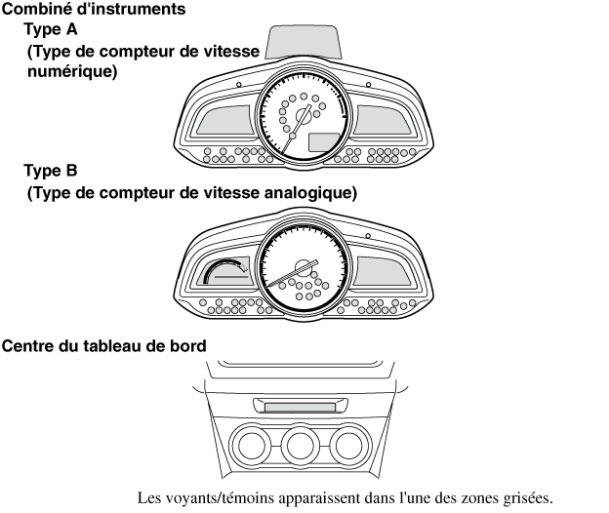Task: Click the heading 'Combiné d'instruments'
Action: pyautogui.click(x=82, y=9)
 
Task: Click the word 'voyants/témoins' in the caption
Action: pyautogui.click(x=221, y=498)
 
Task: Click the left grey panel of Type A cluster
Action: pyautogui.click(x=223, y=123)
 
